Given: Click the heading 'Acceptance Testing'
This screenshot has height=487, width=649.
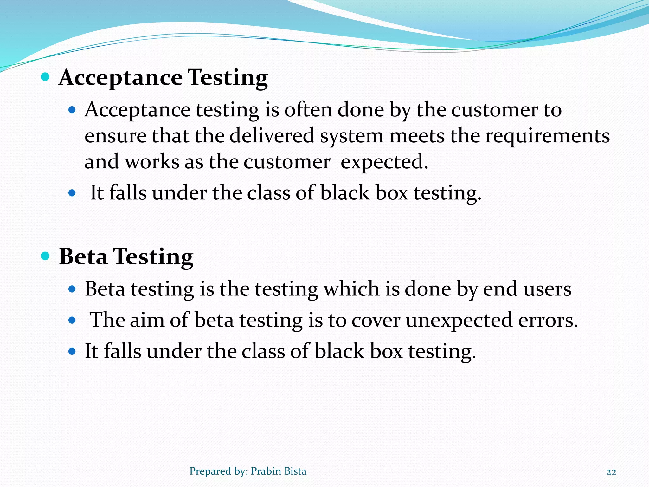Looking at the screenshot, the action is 163,78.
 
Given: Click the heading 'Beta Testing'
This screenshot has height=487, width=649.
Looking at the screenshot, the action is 126,256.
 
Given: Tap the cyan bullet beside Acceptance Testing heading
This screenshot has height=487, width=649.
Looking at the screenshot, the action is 46,77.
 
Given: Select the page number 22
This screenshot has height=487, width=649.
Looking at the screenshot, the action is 611,472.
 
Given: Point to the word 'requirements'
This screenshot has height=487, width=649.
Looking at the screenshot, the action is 547,136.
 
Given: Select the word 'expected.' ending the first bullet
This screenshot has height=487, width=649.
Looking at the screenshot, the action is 384,162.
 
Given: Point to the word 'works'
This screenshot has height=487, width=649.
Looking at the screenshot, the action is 152,162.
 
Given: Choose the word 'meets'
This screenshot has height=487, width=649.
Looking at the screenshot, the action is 417,136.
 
